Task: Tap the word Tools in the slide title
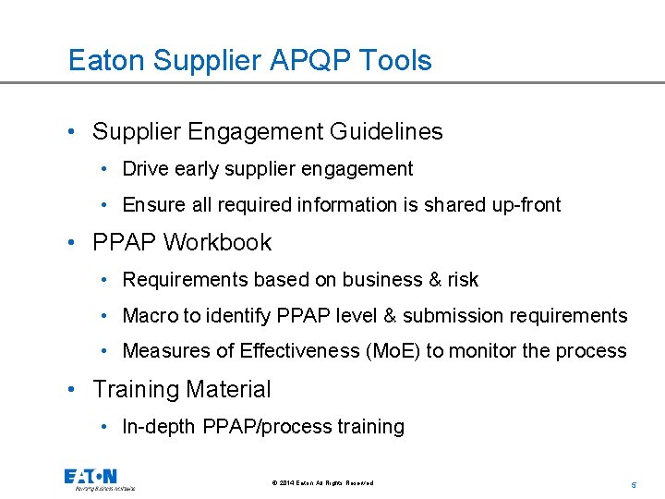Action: point(398,61)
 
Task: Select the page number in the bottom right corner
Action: point(634,483)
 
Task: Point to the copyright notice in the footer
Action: point(323,483)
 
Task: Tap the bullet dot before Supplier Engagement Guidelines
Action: point(73,132)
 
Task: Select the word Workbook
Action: point(217,243)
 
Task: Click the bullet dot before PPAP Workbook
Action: point(73,243)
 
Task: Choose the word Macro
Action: point(150,316)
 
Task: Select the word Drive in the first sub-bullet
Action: point(144,169)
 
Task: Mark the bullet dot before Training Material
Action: point(73,390)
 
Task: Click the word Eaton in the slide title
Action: point(107,61)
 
